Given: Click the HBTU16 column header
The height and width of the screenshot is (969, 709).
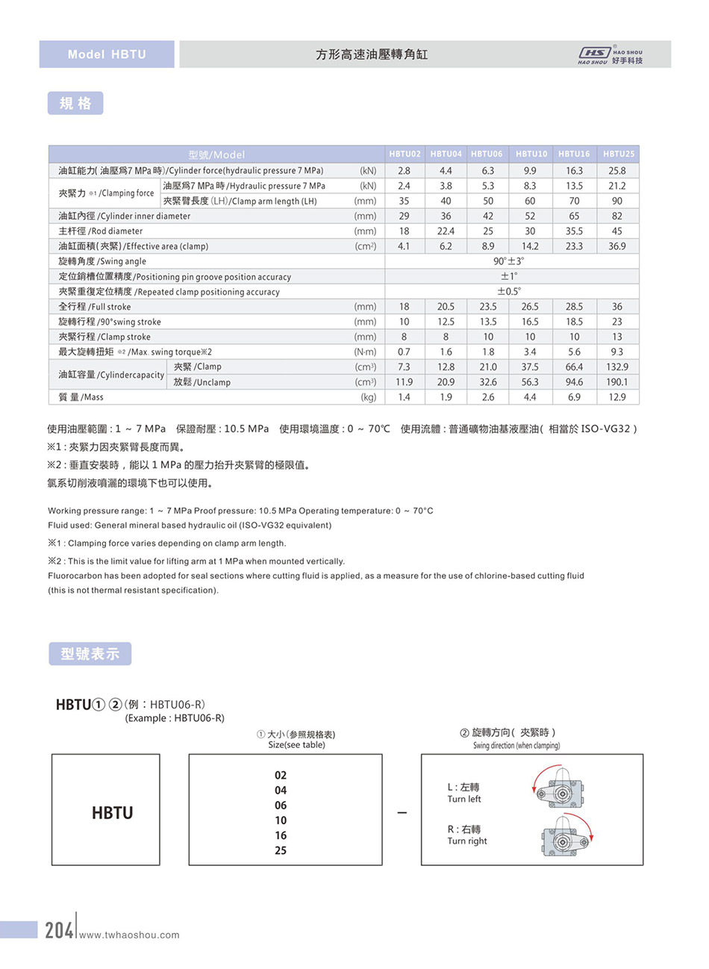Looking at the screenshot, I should tap(574, 154).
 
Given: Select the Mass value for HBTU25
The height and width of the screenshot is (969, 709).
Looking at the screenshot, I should tap(617, 397).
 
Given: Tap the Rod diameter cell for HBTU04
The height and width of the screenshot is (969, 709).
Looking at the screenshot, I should tap(446, 231).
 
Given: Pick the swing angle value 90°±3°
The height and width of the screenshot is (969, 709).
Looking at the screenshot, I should tap(509, 261).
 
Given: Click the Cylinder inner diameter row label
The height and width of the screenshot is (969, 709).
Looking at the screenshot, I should tap(125, 216).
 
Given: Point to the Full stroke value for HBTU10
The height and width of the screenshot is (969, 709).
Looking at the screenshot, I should tap(530, 307).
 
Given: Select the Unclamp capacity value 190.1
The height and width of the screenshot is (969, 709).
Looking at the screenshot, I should tap(617, 382).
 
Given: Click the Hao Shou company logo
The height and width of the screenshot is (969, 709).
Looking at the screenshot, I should tap(610, 55).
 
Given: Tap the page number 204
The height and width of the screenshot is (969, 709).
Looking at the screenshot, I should tap(59, 929).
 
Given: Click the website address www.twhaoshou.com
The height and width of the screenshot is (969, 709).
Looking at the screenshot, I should tap(129, 935).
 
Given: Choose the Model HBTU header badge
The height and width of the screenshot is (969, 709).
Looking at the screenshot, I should tap(107, 54).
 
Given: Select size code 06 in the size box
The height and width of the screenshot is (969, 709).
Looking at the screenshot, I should tap(281, 806).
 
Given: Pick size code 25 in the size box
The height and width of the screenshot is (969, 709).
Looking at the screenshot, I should tap(281, 850).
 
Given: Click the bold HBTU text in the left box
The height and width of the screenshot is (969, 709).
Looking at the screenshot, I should tap(113, 813).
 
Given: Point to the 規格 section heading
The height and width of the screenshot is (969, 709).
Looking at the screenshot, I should tap(75, 104).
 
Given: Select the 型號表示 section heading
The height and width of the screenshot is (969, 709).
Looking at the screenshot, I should tap(90, 654).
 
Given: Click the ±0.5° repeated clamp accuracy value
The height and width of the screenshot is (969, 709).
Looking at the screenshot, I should tap(509, 292).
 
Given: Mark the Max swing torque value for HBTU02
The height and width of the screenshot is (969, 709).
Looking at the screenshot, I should tap(404, 352).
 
